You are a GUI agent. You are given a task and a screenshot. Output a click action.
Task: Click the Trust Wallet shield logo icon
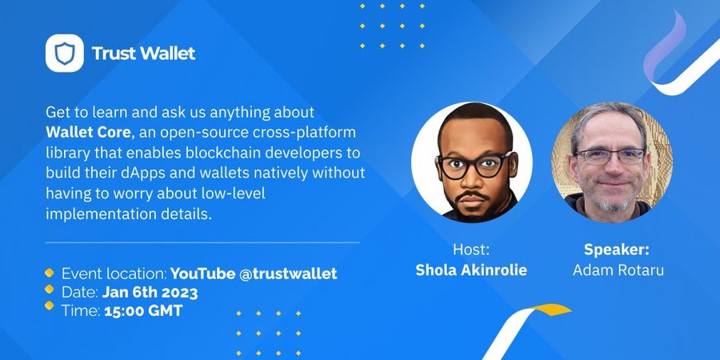[x=64, y=53]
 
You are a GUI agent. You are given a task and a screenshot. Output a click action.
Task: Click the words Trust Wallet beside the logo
[x=143, y=54]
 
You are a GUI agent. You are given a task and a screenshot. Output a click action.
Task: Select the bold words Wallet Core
[x=88, y=133]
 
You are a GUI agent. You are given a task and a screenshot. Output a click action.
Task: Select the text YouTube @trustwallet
[x=254, y=274]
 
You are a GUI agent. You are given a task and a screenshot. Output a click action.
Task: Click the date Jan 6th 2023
[x=150, y=293]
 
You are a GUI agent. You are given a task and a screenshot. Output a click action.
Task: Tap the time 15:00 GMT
[x=143, y=311]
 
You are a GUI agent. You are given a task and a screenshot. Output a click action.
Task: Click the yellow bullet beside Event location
[x=49, y=273]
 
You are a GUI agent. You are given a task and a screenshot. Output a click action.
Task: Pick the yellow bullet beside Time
[x=49, y=306]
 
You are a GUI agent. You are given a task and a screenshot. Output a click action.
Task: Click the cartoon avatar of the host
[x=471, y=162]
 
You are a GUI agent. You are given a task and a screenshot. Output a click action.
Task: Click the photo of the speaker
[x=612, y=162]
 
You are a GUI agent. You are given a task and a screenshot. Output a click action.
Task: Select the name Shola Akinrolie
[x=471, y=270]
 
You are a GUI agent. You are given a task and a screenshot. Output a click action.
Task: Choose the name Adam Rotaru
[x=618, y=270]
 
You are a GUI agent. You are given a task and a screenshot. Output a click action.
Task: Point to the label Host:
[x=471, y=250]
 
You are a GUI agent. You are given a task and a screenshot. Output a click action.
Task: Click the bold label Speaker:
[x=616, y=250]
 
